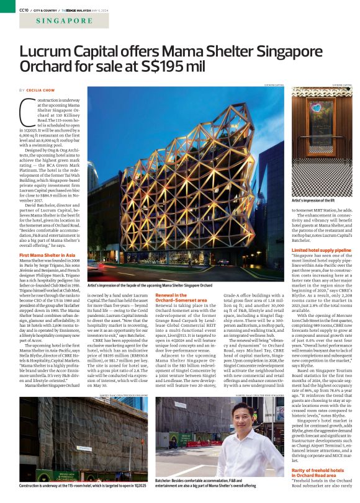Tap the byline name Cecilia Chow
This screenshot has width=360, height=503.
pos(42,91)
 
